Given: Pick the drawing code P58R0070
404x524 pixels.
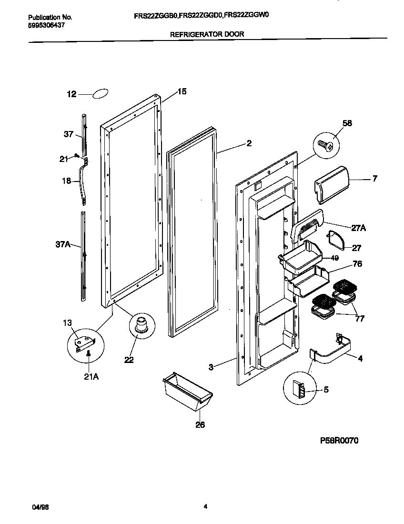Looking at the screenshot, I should [x=339, y=441].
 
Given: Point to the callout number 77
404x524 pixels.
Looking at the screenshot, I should [x=360, y=319].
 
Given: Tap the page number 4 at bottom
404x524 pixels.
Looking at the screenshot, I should [x=205, y=507].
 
